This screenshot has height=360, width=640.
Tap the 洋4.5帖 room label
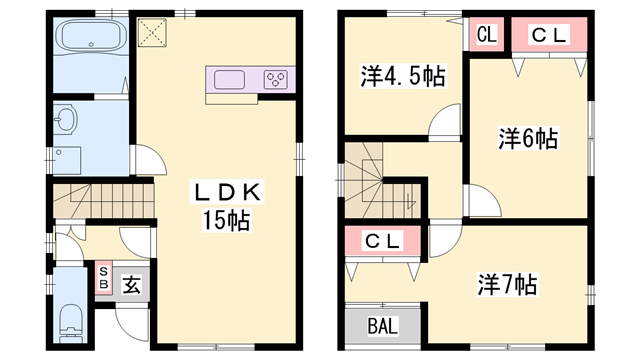(x=402, y=75)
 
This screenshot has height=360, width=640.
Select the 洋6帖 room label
(x=528, y=138)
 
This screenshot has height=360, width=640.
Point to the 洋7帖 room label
(x=507, y=284)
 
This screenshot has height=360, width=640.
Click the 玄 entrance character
(x=132, y=284)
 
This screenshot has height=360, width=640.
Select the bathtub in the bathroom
(x=90, y=39)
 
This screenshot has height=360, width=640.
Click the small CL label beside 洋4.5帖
(x=487, y=35)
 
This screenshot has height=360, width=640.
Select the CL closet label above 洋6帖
(x=549, y=35)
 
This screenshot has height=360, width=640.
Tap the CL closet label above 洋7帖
(x=383, y=241)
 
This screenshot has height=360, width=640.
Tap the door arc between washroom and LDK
(x=145, y=159)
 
